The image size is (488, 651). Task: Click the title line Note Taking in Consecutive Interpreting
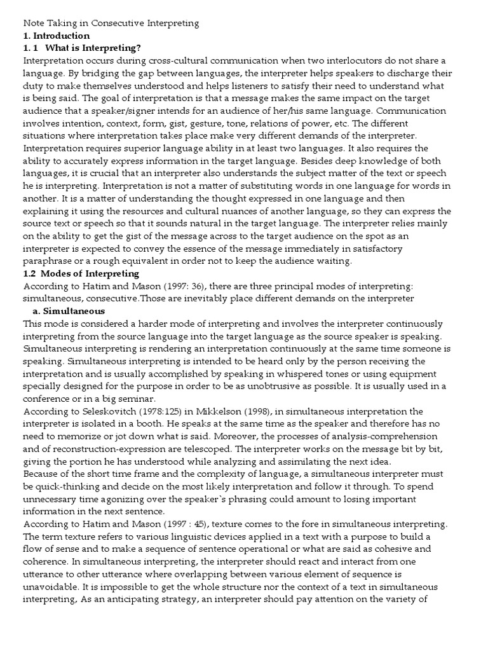click(111, 24)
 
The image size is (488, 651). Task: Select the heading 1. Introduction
click(57, 36)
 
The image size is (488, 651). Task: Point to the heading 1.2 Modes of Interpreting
click(81, 273)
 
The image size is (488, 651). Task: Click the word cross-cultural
click(181, 60)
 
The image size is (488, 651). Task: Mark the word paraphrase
click(51, 261)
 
